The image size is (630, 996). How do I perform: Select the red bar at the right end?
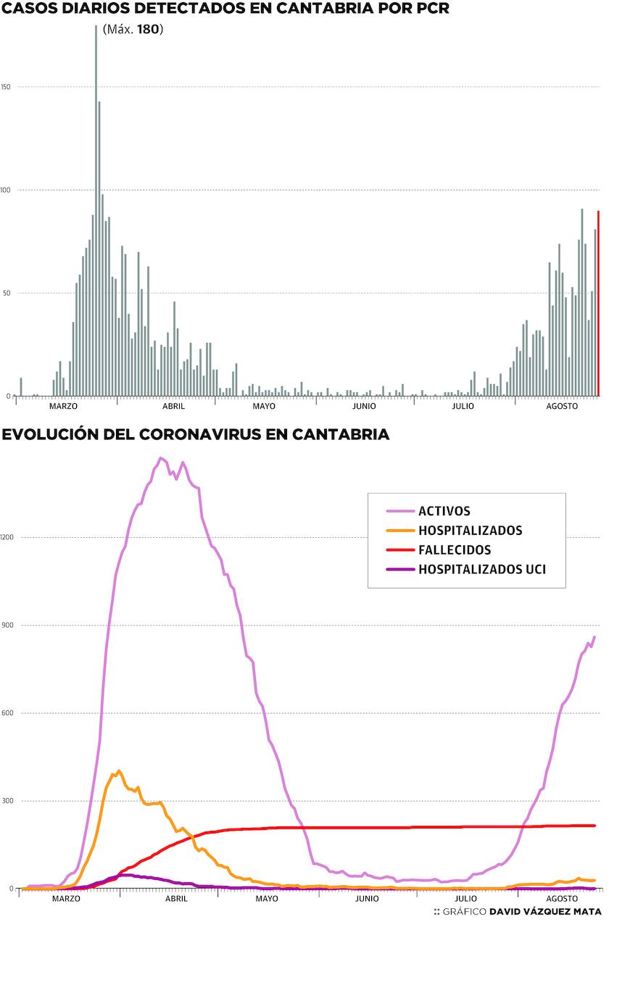(598, 304)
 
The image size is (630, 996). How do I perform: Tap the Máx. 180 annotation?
(133, 30)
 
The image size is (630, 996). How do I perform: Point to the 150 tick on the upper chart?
(6, 87)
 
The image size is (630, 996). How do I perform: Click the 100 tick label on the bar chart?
(6, 190)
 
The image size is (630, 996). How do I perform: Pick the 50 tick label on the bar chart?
(7, 293)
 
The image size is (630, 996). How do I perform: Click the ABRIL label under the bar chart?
(173, 406)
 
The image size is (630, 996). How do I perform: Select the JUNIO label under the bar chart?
(364, 406)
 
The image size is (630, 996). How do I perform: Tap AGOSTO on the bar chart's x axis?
(562, 406)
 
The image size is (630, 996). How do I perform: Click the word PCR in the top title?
(427, 9)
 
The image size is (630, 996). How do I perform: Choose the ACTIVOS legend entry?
(444, 511)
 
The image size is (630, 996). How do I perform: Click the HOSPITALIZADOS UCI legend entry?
(481, 570)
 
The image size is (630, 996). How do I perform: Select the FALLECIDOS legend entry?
(454, 550)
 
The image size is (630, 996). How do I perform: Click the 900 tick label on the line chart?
(8, 625)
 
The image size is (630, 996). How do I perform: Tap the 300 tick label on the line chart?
(8, 801)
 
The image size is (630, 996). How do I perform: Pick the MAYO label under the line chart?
(267, 899)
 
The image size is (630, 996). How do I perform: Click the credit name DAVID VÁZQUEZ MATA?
(545, 912)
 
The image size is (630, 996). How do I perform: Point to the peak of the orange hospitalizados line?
(118, 771)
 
